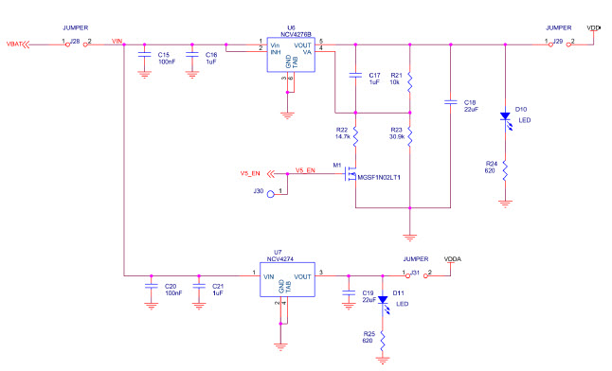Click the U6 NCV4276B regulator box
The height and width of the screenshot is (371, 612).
(x=290, y=56)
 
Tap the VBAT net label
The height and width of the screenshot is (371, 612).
(x=14, y=44)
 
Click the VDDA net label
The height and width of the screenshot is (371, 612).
(x=454, y=257)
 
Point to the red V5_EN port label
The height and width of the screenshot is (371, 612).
(x=249, y=173)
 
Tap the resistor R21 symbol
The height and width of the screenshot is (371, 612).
(x=409, y=81)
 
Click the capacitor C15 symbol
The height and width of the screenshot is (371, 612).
(x=144, y=56)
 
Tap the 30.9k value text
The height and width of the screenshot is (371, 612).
(x=397, y=137)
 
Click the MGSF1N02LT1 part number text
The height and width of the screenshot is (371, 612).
(x=379, y=177)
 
